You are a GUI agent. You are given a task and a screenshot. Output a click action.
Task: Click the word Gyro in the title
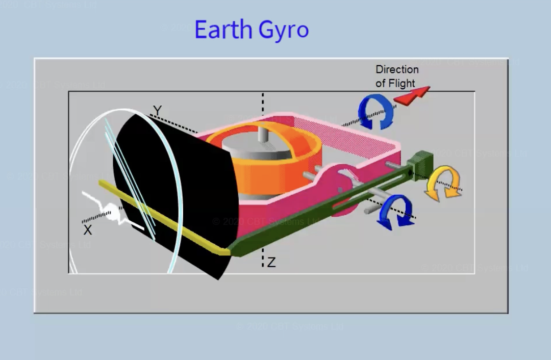pos(283,30)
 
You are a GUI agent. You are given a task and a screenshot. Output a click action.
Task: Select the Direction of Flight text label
pos(397,76)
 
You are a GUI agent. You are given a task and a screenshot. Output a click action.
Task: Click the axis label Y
pos(158,111)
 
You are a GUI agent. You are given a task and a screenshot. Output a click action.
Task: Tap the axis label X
pos(88,230)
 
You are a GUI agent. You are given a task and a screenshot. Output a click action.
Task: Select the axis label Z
pos(271,263)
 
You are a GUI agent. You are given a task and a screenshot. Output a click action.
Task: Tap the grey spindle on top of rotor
pos(263,135)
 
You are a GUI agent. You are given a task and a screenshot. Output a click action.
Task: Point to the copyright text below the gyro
pos(265,221)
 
